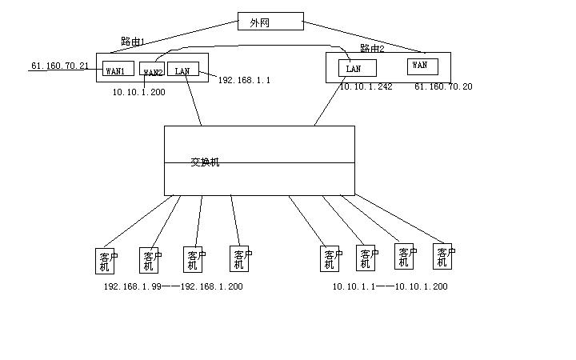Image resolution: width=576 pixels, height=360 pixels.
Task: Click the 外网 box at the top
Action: [x=270, y=22]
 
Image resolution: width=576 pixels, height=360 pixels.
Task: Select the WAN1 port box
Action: [x=115, y=70]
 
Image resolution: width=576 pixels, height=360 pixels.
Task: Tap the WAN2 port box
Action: [x=152, y=70]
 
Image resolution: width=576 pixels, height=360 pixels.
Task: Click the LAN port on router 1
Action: [x=182, y=70]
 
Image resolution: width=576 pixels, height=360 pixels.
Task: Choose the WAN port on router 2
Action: [x=422, y=66]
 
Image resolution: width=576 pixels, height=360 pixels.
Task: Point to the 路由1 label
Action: [x=133, y=41]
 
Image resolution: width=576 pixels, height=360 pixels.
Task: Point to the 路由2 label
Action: [x=372, y=48]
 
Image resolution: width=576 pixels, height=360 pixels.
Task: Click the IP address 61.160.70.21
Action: [x=60, y=66]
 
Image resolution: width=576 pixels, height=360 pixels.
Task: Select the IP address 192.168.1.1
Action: [x=244, y=80]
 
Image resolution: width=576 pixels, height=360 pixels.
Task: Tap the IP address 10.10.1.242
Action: [x=366, y=86]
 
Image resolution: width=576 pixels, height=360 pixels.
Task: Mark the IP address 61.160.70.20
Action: [x=443, y=86]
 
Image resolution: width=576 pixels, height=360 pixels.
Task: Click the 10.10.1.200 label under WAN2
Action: [x=139, y=92]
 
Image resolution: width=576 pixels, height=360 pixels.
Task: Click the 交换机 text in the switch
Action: [x=205, y=162]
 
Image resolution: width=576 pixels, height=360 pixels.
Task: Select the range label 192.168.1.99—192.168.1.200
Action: [x=173, y=286]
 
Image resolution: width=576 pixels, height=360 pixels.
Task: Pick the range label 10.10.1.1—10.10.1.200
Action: [x=390, y=286]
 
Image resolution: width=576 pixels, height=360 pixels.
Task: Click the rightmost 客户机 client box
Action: [x=443, y=255]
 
